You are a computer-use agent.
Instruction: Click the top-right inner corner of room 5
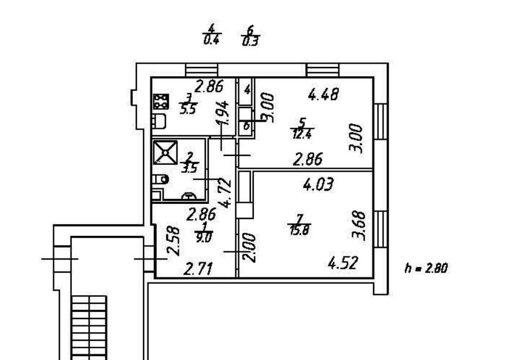(x=372, y=79)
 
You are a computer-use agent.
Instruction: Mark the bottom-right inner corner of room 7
(x=372, y=277)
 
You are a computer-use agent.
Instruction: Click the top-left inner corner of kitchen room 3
(x=152, y=79)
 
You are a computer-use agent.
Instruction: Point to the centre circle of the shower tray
(x=165, y=153)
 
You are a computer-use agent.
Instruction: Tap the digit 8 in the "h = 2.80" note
(x=437, y=268)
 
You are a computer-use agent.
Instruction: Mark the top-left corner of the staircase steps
(x=72, y=296)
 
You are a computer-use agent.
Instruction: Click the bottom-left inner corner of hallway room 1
(x=156, y=277)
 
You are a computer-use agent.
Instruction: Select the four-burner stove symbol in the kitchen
(x=161, y=102)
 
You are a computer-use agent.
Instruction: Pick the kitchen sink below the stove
(x=159, y=121)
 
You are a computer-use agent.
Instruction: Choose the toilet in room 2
(x=160, y=180)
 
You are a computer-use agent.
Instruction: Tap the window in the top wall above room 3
(x=201, y=70)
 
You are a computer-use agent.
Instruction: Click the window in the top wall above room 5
(x=323, y=70)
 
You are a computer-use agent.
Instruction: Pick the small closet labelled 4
(x=247, y=91)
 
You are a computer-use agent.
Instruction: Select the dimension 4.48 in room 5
(x=324, y=94)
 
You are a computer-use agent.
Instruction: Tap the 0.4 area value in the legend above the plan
(x=212, y=40)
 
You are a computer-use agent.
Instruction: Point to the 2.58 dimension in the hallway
(x=174, y=241)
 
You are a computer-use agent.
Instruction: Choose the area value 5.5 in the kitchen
(x=188, y=110)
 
